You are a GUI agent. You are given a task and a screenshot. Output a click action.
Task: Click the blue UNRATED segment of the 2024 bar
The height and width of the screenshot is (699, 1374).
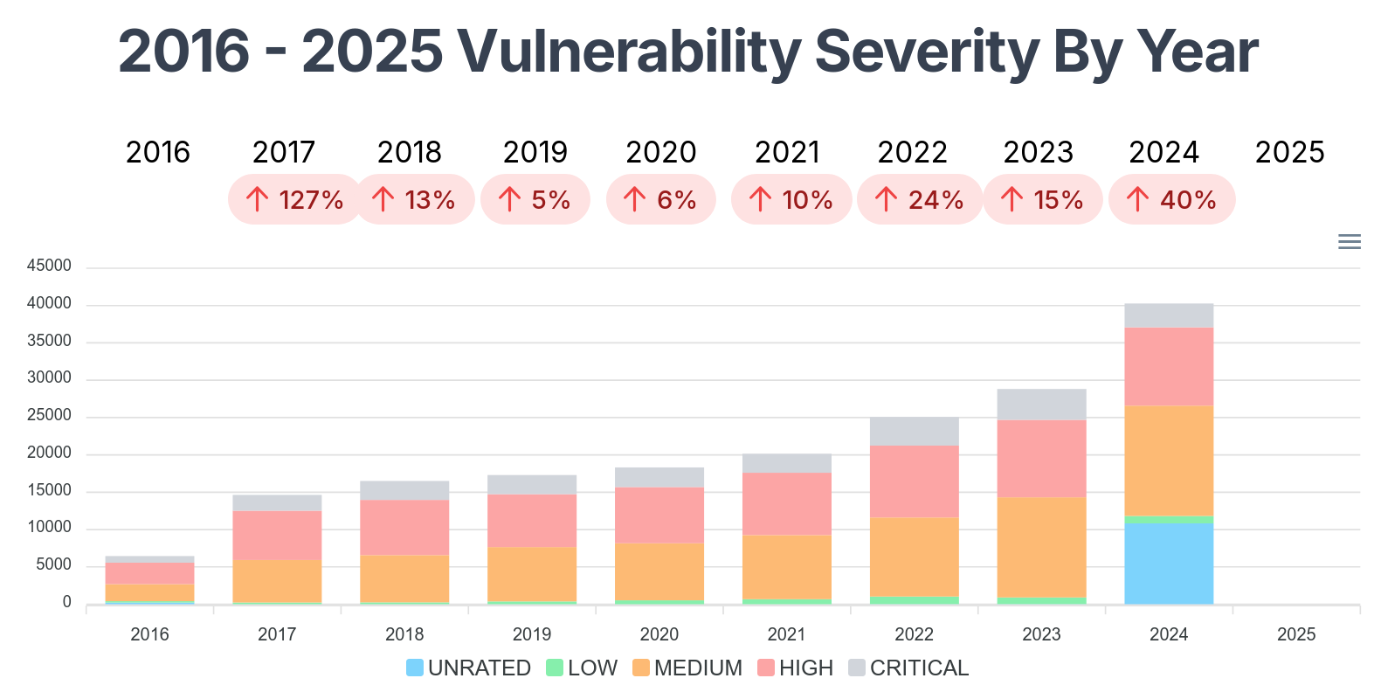tap(1169, 564)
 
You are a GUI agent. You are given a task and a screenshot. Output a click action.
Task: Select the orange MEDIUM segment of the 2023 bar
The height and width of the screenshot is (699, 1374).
tap(1041, 547)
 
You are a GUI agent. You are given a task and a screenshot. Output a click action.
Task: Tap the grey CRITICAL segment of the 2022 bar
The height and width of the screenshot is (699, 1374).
tap(914, 432)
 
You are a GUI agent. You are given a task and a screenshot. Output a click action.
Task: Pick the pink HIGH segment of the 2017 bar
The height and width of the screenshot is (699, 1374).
tap(277, 536)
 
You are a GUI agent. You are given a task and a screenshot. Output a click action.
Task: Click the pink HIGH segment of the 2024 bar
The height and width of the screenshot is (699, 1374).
tap(1169, 367)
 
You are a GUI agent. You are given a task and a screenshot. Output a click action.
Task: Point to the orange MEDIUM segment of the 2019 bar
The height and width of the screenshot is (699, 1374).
tap(532, 574)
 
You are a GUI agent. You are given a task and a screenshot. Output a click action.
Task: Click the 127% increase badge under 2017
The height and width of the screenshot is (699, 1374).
tap(295, 200)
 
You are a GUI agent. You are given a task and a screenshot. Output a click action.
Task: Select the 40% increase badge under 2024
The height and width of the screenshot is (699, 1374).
tap(1171, 200)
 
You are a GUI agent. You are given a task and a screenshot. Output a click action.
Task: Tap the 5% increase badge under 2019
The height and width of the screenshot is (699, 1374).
tap(535, 200)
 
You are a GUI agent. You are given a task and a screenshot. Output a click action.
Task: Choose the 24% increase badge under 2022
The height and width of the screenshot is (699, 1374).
tap(919, 200)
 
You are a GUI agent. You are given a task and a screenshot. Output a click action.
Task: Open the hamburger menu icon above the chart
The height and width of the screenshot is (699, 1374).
tap(1350, 242)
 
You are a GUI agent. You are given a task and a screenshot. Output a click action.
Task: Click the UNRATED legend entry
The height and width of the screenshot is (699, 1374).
tap(469, 668)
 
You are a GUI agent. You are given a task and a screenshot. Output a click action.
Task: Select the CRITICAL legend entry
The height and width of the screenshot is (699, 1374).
tap(908, 668)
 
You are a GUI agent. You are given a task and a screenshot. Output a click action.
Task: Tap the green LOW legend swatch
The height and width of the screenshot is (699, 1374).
tap(555, 668)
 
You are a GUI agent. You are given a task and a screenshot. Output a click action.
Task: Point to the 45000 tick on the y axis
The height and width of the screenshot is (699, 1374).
tap(49, 266)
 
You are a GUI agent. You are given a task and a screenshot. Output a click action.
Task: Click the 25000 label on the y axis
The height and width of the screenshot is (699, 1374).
tap(49, 415)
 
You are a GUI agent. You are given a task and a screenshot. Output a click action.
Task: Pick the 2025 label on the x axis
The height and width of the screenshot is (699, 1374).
tap(1296, 634)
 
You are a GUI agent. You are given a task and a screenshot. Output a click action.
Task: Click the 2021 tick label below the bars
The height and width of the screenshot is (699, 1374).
tap(786, 634)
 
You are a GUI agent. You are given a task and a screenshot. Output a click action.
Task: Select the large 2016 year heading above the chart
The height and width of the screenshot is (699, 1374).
tap(158, 152)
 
